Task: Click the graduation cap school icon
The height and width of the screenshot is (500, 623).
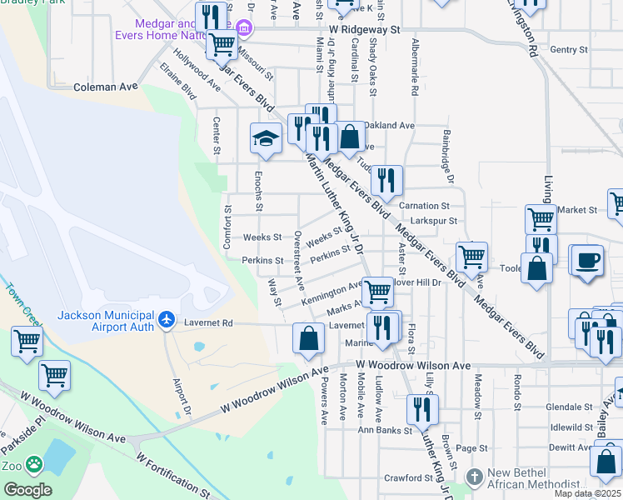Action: click(x=266, y=138)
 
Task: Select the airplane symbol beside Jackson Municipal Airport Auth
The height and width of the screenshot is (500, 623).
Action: click(x=167, y=319)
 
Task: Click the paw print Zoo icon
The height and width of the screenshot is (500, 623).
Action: click(x=34, y=463)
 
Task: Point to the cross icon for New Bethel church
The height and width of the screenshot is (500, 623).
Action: click(x=474, y=477)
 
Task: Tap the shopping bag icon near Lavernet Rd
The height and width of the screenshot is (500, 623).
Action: click(x=308, y=337)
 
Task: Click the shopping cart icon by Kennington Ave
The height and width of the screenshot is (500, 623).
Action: click(x=377, y=292)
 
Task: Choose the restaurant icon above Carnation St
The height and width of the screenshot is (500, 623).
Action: click(x=386, y=180)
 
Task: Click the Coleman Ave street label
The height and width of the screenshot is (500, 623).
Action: click(x=105, y=86)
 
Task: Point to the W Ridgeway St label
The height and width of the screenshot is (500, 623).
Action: click(x=364, y=28)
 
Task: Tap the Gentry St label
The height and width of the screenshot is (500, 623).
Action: click(x=569, y=50)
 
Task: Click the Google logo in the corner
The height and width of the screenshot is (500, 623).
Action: click(x=27, y=490)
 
